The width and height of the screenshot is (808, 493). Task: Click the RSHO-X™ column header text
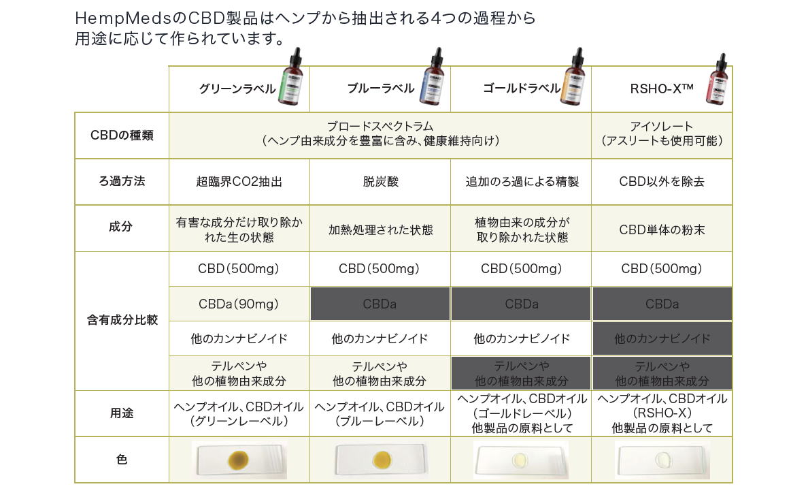click(661, 88)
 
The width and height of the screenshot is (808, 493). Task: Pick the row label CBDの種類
click(122, 135)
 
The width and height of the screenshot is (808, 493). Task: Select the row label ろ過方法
click(122, 181)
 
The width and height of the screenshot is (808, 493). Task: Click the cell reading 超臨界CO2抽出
click(239, 182)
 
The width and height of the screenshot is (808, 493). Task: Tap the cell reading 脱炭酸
click(380, 182)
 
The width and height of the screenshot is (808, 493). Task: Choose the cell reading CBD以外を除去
click(662, 182)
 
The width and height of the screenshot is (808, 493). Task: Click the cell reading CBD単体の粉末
click(662, 229)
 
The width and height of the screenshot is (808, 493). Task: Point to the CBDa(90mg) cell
click(239, 304)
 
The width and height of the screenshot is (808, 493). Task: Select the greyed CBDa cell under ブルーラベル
click(380, 304)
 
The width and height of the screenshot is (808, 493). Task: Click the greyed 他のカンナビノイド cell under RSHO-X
click(662, 338)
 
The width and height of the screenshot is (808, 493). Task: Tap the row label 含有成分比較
click(122, 319)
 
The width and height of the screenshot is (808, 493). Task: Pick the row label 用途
click(122, 413)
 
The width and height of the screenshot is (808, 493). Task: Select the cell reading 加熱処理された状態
click(380, 229)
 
